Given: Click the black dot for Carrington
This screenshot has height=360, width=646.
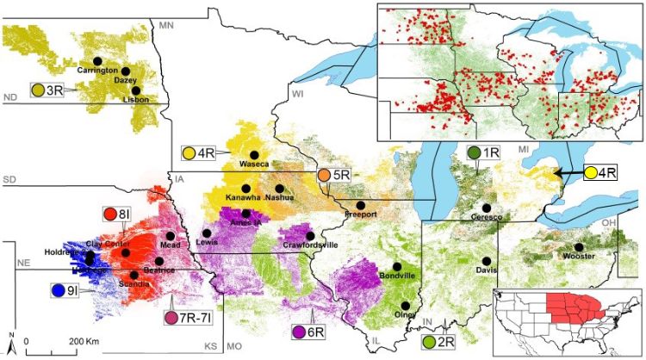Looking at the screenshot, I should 97,60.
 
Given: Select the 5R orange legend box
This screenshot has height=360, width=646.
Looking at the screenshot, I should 333,175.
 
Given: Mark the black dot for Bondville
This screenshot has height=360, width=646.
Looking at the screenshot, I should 396,266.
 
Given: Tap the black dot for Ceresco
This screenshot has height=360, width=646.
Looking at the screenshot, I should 487,208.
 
